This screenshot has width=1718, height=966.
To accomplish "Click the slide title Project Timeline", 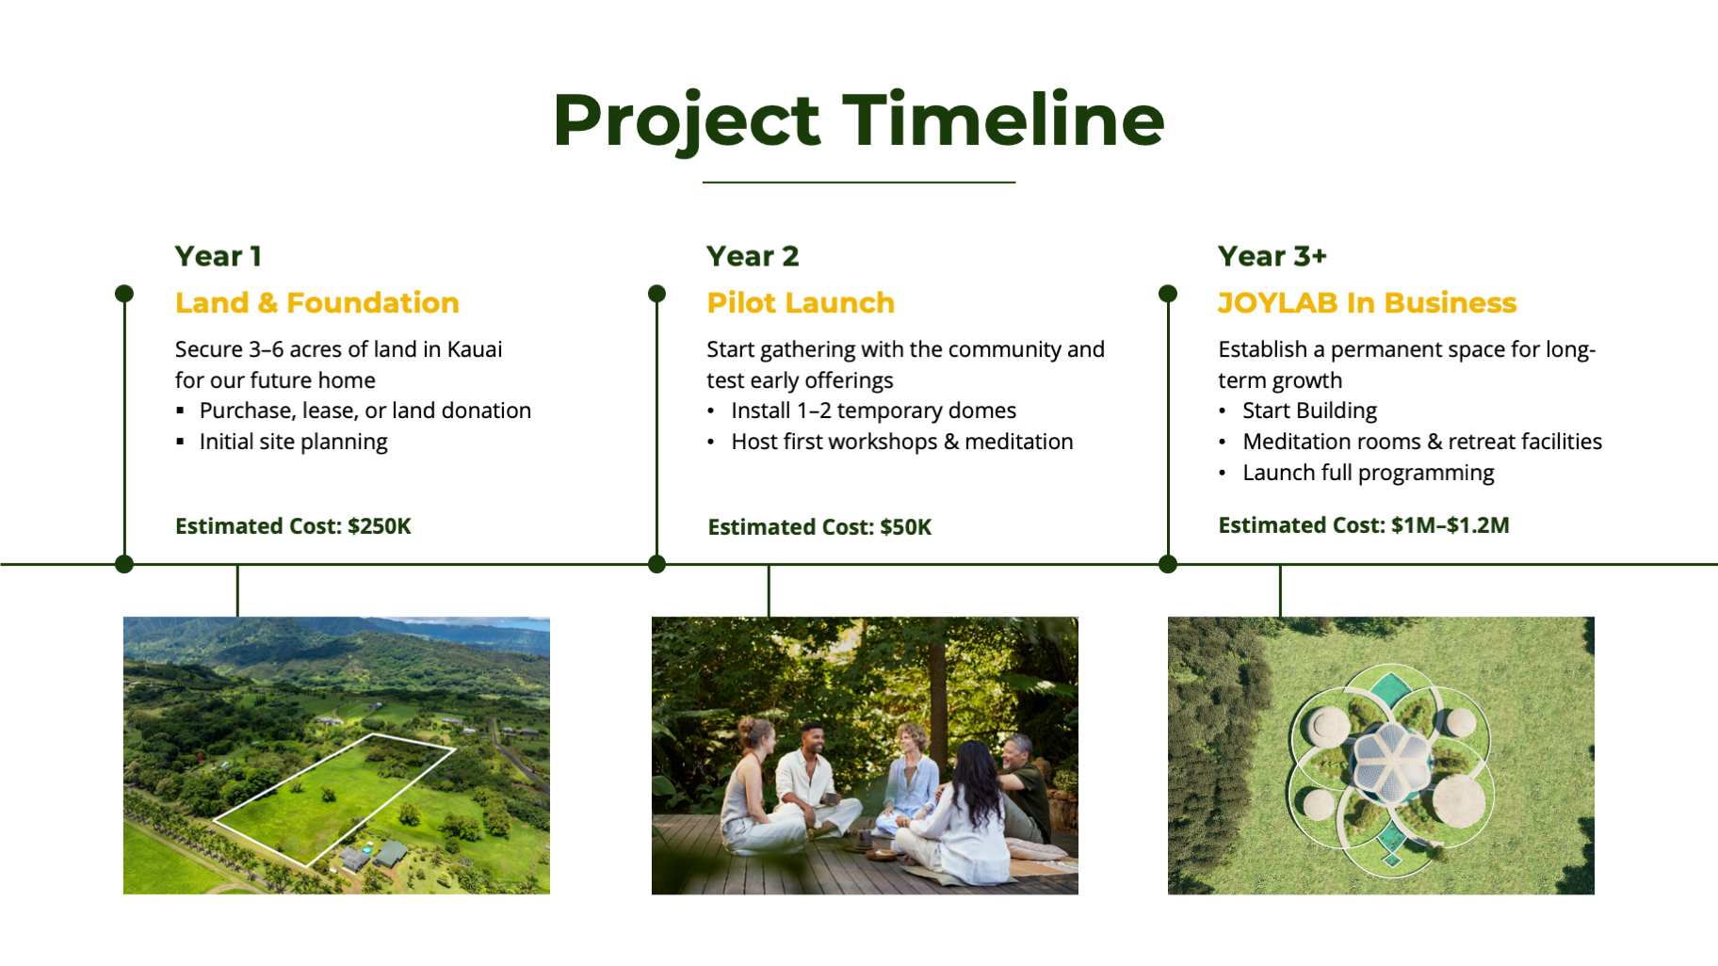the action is tap(858, 121).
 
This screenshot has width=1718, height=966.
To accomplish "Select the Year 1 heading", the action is tap(219, 256).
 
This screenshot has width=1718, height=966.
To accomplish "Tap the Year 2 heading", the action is tap(753, 256).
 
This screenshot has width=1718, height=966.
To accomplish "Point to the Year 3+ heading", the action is tap(1272, 256).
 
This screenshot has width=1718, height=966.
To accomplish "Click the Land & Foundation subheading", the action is tap(316, 303).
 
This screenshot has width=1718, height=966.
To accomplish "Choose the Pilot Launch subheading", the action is tap(801, 303).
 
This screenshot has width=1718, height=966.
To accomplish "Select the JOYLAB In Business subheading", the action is tap(1367, 303).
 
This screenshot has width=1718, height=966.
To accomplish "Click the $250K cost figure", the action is tap(380, 526).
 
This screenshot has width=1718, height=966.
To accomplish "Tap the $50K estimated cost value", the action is tap(906, 527).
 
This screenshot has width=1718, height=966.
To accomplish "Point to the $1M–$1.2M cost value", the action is tap(1451, 525).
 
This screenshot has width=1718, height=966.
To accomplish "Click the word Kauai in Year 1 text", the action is tap(475, 349).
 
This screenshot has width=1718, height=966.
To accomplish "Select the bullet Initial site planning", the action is tap(293, 442).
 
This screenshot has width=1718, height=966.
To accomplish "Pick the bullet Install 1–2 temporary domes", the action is tap(873, 411).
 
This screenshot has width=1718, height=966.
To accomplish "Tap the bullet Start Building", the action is tap(1309, 411).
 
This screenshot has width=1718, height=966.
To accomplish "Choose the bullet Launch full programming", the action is tap(1368, 473).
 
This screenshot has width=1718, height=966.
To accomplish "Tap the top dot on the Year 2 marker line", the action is tap(657, 294).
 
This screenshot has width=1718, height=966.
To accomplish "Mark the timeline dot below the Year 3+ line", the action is tap(1168, 564).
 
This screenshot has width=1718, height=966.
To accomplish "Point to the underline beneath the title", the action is tap(859, 182).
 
